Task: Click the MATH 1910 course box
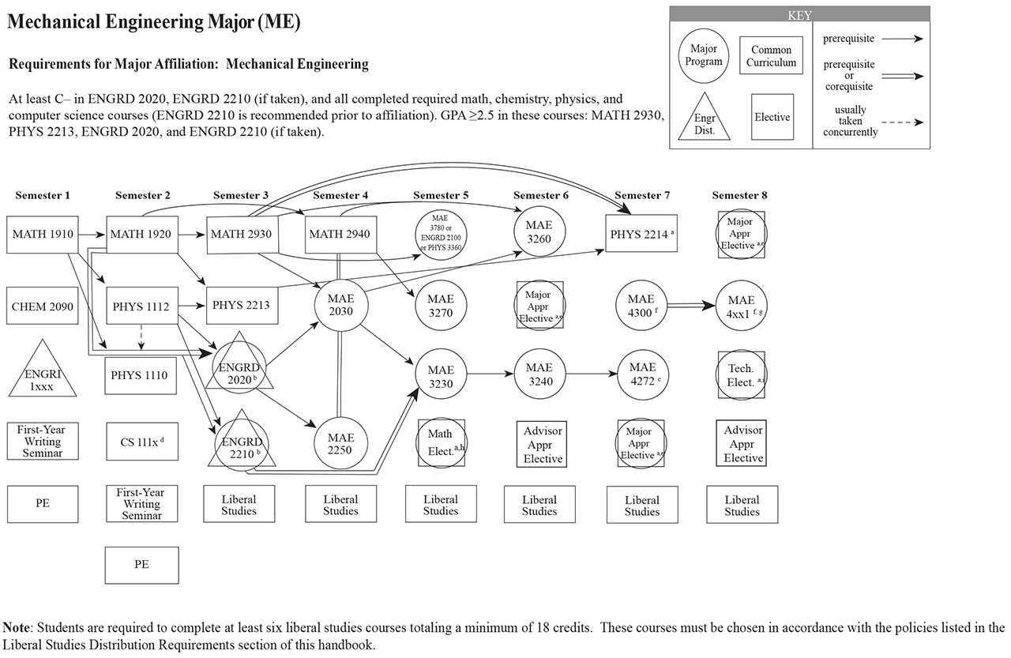click(x=42, y=234)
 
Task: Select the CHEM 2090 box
click(x=42, y=306)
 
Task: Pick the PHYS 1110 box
click(x=141, y=375)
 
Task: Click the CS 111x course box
click(x=141, y=441)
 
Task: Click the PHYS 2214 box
click(x=641, y=234)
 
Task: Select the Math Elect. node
click(x=441, y=441)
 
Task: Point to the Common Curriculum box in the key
click(x=771, y=55)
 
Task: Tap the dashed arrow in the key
click(x=902, y=122)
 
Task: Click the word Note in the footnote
click(x=17, y=628)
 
